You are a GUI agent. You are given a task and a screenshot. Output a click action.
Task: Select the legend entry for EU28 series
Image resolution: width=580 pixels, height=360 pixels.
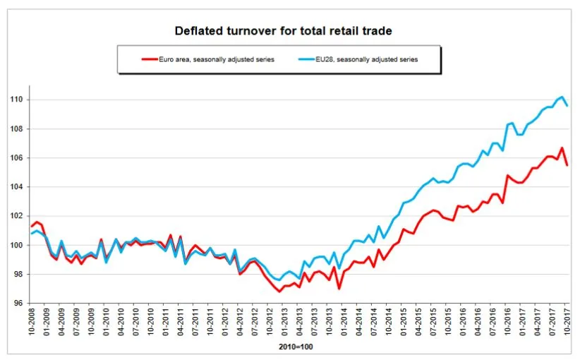click(x=366, y=60)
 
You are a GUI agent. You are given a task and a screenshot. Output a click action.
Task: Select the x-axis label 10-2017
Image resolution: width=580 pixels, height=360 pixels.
click(x=567, y=324)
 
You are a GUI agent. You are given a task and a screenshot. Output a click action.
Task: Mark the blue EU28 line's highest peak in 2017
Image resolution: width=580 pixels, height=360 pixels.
click(x=562, y=97)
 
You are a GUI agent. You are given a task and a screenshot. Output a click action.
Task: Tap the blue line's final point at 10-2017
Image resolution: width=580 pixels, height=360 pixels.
click(x=567, y=106)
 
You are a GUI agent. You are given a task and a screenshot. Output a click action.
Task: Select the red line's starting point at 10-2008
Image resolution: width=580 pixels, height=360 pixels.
click(x=30, y=227)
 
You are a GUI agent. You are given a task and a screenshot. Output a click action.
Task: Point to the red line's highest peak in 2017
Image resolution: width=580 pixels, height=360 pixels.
click(x=562, y=148)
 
